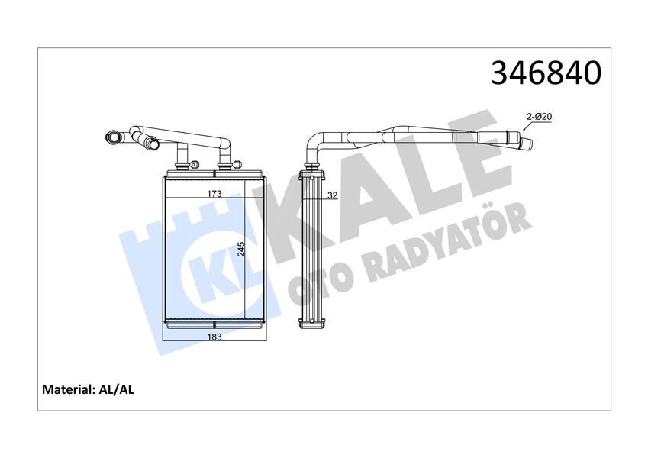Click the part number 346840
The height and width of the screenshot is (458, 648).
(546, 73)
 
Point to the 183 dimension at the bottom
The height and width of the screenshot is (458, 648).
(214, 337)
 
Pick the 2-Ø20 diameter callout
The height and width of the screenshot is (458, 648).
(540, 116)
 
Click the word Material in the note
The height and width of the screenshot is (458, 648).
(69, 389)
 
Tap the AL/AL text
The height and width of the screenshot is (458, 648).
(117, 389)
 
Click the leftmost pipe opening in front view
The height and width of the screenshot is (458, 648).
(114, 138)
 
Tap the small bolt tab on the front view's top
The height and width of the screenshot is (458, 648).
(195, 163)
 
